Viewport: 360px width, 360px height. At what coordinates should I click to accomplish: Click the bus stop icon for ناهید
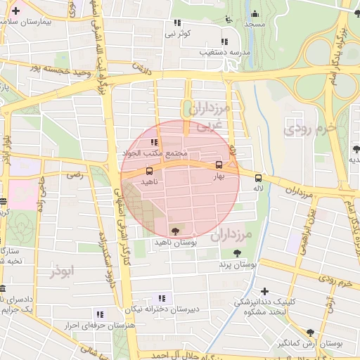(x=148, y=170)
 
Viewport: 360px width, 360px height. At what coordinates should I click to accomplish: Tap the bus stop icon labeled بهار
(x=219, y=165)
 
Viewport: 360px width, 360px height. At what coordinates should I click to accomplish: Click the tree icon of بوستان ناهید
(x=175, y=231)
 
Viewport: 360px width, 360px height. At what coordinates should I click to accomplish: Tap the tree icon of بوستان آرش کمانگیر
(x=310, y=332)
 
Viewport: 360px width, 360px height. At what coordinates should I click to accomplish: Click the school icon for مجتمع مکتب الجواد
(x=154, y=142)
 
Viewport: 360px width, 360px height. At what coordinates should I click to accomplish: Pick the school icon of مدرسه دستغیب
(x=224, y=41)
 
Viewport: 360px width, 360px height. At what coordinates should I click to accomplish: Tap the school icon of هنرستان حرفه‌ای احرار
(x=100, y=314)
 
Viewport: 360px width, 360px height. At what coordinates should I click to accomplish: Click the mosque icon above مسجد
(x=255, y=14)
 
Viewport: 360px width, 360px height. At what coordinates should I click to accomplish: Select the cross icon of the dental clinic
(x=264, y=291)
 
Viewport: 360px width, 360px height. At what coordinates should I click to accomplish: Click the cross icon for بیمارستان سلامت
(x=15, y=11)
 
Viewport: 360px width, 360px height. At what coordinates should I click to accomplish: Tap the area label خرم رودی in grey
(x=307, y=129)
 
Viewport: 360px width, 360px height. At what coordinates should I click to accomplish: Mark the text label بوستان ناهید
(x=175, y=242)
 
